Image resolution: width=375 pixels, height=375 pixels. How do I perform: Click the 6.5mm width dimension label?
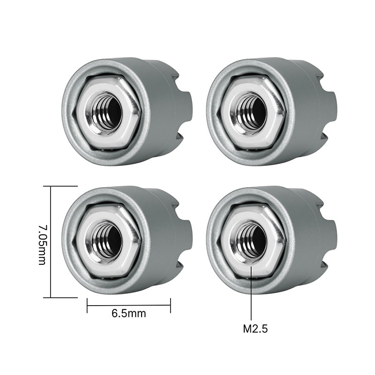[128, 314]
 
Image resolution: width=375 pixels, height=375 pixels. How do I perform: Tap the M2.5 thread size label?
[255, 329]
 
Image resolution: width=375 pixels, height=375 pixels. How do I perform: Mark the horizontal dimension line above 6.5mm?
[128, 305]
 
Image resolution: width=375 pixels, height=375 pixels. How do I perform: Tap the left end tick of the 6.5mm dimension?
[87, 306]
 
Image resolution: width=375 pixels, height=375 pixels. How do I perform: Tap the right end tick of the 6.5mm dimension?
[170, 306]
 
